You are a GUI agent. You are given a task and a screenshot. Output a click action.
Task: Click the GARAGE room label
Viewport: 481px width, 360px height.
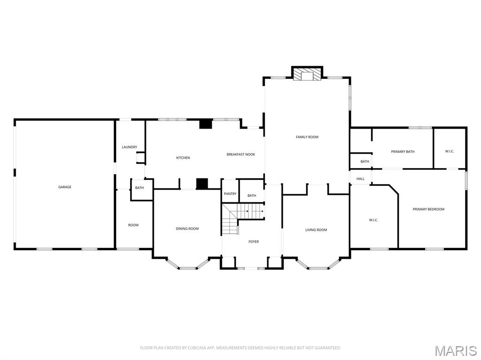65,187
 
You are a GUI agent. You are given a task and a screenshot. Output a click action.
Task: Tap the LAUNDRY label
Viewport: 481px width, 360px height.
129,147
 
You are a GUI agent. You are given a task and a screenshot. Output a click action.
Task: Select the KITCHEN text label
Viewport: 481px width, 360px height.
183,158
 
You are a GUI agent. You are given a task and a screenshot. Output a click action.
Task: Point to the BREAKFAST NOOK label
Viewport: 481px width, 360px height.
241,154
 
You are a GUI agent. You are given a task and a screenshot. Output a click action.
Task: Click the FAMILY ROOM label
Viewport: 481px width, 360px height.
307,137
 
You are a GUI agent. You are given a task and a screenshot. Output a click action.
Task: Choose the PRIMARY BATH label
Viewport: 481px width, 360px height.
403,152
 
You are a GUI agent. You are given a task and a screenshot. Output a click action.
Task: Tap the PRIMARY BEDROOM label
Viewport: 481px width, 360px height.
428,209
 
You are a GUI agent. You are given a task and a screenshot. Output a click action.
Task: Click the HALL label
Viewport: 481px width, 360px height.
360,179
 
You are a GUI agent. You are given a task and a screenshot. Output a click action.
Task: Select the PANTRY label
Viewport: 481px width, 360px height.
230,194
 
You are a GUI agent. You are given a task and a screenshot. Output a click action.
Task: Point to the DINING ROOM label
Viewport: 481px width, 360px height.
187,229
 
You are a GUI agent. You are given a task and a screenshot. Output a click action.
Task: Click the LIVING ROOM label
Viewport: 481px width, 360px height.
316,230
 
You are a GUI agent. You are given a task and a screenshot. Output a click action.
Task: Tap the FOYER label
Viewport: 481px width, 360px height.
254,242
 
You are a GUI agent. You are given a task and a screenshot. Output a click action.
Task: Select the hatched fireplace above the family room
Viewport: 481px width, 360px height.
307,75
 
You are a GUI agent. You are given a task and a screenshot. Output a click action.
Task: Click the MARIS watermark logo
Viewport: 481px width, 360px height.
455,350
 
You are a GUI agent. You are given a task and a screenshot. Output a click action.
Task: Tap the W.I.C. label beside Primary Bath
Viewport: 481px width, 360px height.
450,151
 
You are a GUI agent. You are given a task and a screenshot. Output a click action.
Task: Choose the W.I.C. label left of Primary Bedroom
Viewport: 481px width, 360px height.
373,220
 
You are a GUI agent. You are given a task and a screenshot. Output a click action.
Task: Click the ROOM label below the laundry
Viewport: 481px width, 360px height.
133,225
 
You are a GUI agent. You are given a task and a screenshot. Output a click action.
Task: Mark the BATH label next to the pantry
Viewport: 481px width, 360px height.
252,196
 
